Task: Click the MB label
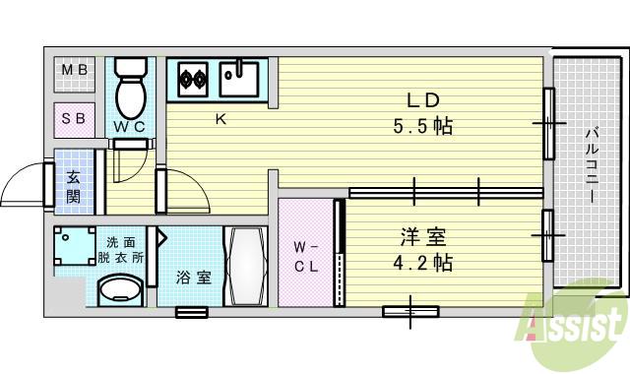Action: [74, 71]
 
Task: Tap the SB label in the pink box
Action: [74, 119]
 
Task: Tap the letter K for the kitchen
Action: [222, 120]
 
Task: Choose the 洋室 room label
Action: [424, 237]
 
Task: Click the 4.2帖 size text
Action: [424, 264]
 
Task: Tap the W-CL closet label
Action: [305, 255]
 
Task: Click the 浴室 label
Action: [193, 278]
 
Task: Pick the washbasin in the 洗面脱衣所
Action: [122, 290]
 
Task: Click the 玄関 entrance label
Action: [75, 187]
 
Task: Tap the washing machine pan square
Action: [73, 247]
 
